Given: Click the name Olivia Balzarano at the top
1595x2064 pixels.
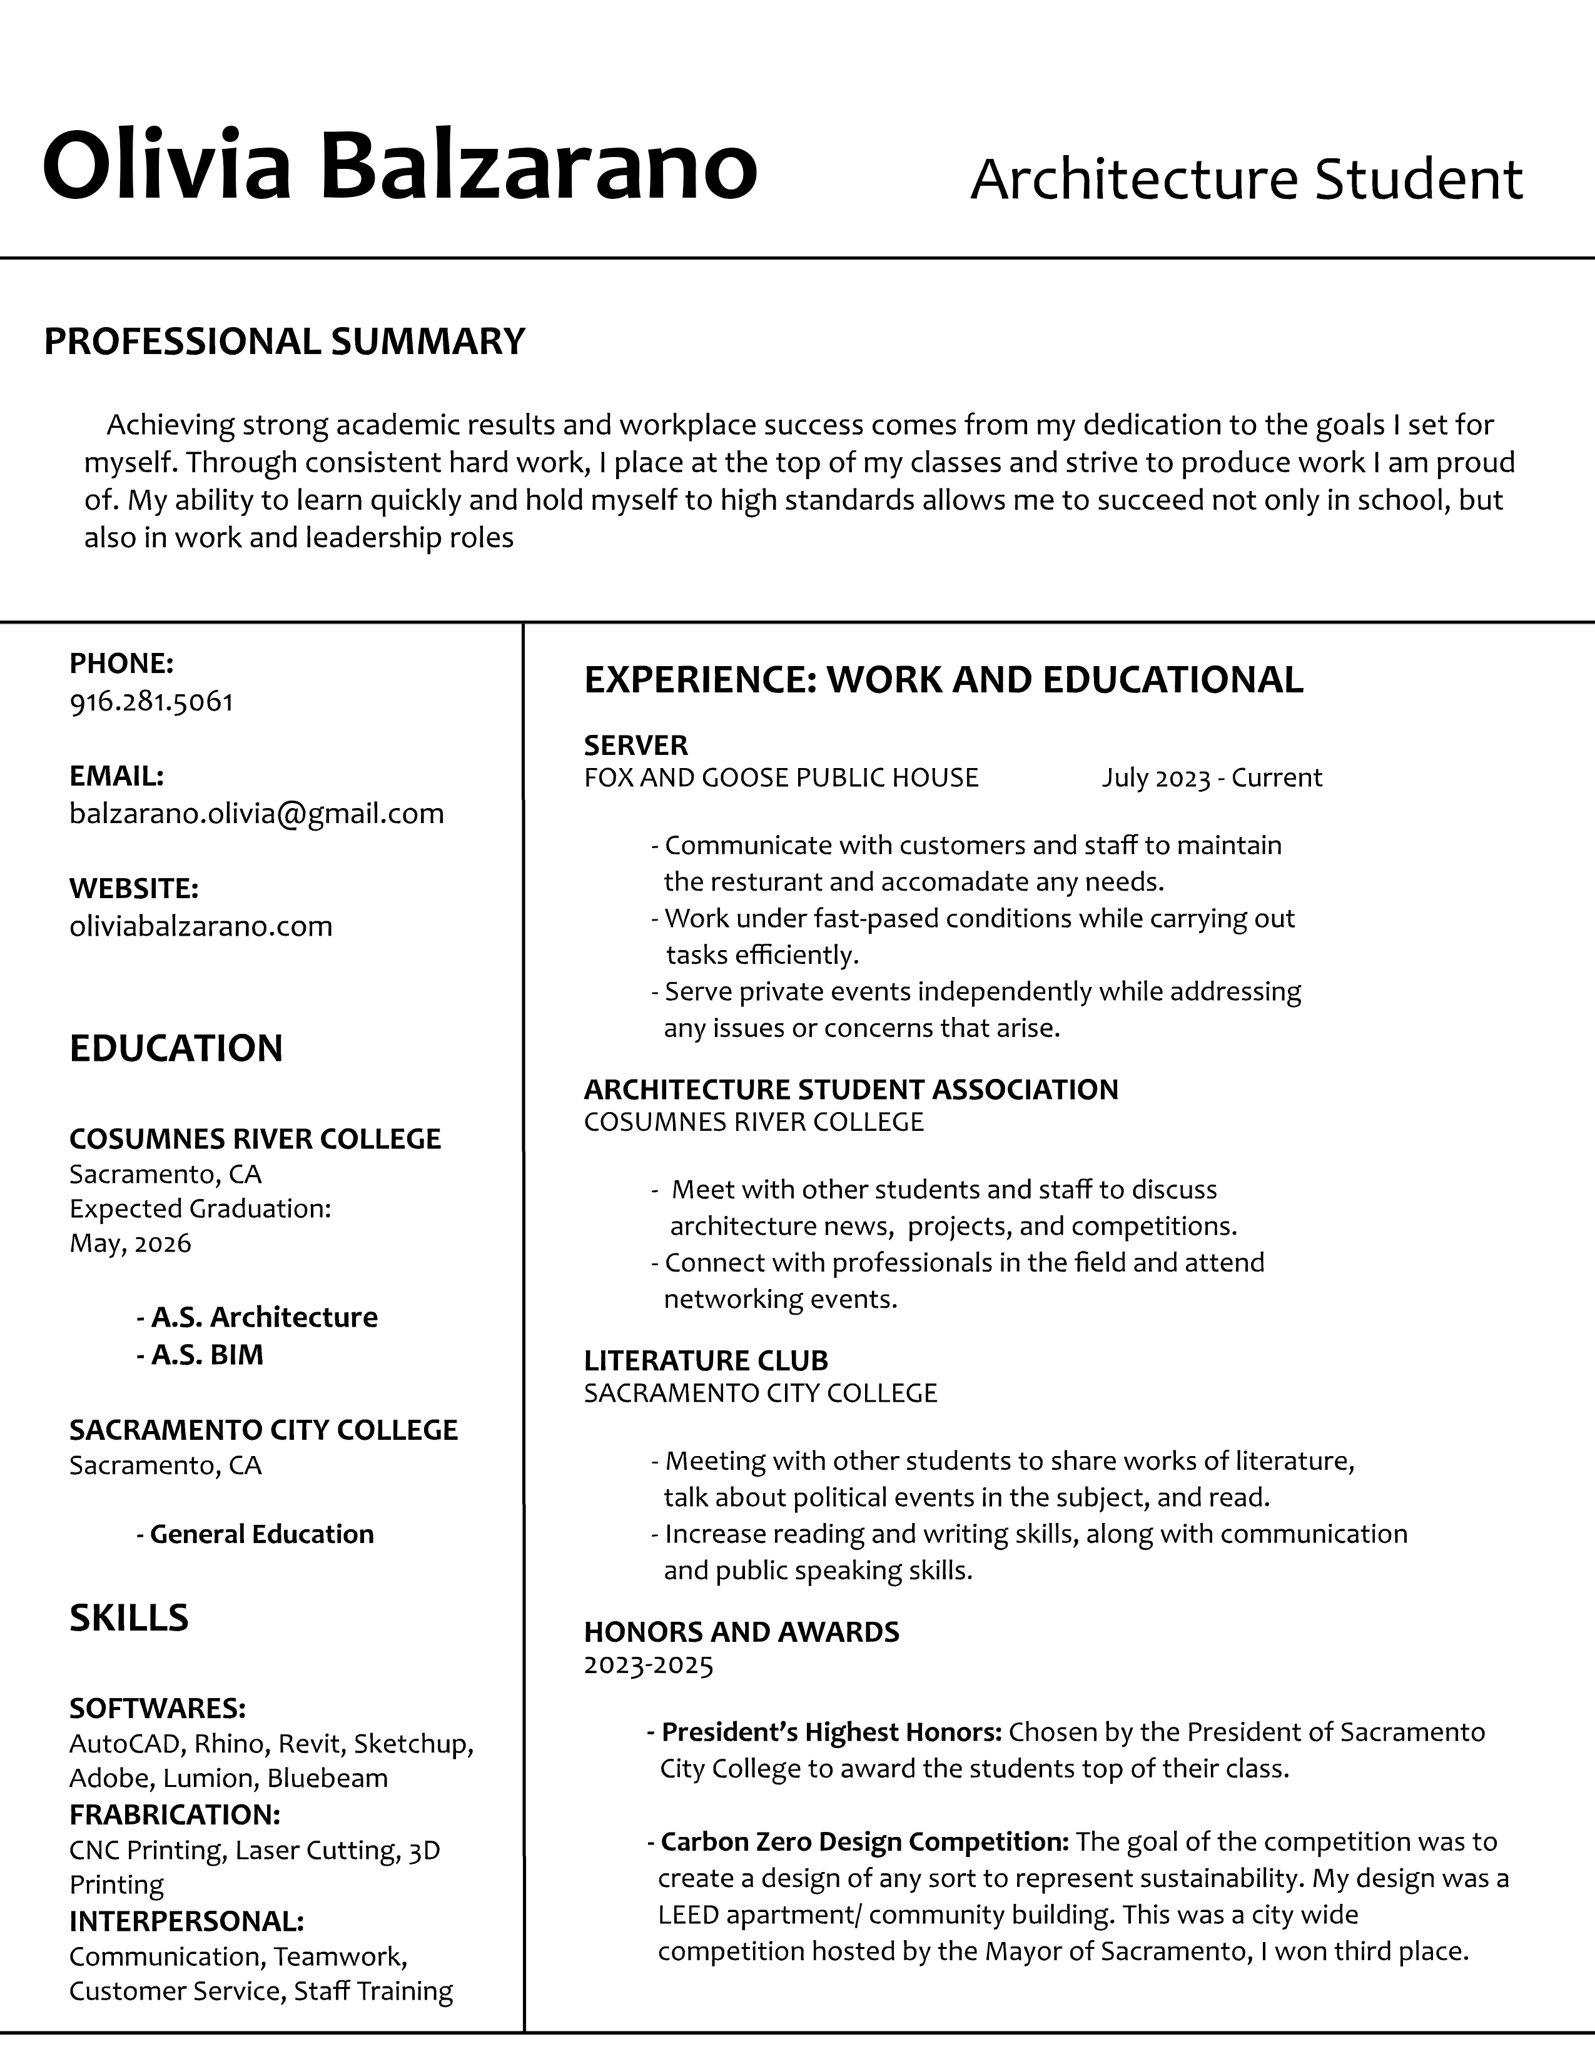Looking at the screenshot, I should tap(400, 165).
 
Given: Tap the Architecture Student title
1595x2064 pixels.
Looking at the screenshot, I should tap(1247, 179).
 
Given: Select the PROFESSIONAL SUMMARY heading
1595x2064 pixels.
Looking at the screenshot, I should tap(285, 341).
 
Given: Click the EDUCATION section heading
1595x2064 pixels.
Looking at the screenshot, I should tap(176, 1048).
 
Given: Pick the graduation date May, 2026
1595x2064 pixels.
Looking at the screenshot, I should tap(130, 1243).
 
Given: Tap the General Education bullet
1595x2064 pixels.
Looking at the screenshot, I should tap(255, 1533).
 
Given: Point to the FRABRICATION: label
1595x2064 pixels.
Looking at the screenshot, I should tap(175, 1814).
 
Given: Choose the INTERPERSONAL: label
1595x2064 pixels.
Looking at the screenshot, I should tap(186, 1921).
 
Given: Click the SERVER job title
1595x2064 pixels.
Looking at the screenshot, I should tap(636, 746).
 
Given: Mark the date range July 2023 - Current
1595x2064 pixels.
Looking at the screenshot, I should tap(1212, 778).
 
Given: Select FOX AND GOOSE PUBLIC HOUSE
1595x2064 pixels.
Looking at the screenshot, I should tap(781, 778).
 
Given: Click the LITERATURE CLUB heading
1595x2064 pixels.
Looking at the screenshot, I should tap(706, 1361).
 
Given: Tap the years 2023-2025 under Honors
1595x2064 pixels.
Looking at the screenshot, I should tap(648, 1664).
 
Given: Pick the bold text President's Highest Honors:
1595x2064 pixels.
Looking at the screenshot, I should tap(831, 1733).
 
